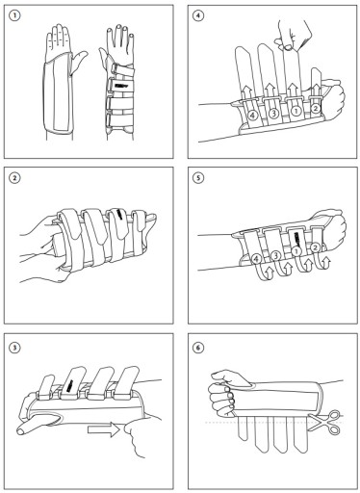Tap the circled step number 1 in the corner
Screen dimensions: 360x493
14,15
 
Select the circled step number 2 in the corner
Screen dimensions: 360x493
14,177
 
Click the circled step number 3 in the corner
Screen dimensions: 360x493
14,347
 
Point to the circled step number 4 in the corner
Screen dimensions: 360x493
198,15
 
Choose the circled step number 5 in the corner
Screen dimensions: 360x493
198,177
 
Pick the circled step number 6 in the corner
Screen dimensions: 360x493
198,347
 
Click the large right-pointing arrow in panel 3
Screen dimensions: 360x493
104,429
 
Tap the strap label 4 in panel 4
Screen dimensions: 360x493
253,116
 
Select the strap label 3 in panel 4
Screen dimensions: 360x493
273,114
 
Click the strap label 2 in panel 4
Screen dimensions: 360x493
315,109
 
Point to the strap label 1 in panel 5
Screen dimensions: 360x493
296,250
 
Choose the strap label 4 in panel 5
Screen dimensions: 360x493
256,258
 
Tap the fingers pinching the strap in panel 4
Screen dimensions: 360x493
293,35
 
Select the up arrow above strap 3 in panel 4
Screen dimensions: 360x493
270,89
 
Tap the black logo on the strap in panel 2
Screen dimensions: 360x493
119,214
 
